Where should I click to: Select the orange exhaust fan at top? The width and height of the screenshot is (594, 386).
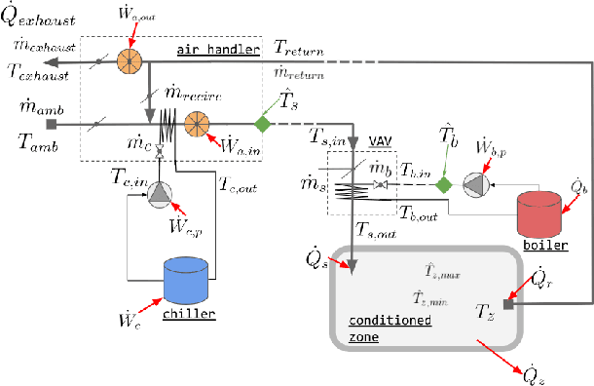pos(129,60)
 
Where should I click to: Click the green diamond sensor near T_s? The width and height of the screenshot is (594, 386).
pos(261,124)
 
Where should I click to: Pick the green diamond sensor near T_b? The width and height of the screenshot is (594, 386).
pos(444,184)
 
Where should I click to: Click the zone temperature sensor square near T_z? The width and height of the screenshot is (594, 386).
pos(506,303)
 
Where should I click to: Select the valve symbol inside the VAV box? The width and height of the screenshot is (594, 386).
pos(382,184)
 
